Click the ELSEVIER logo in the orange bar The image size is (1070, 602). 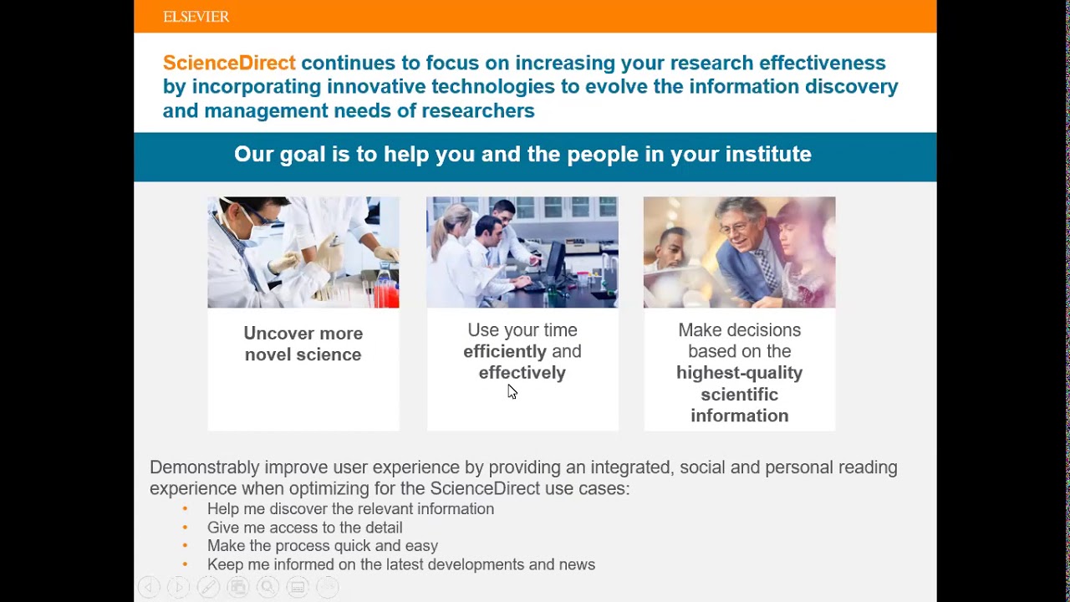(x=196, y=17)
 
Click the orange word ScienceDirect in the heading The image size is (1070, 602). (x=229, y=63)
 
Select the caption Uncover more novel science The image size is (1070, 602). (x=303, y=344)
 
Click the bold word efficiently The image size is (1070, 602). (x=505, y=352)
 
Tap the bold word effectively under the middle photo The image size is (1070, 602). (x=522, y=373)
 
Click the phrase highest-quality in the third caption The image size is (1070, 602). (x=739, y=373)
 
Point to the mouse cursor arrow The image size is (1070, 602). (x=512, y=391)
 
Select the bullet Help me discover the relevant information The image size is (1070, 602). (x=350, y=509)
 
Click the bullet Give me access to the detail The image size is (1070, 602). (x=304, y=528)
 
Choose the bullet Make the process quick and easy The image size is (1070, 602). (x=322, y=546)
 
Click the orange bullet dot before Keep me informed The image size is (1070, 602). (x=186, y=565)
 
